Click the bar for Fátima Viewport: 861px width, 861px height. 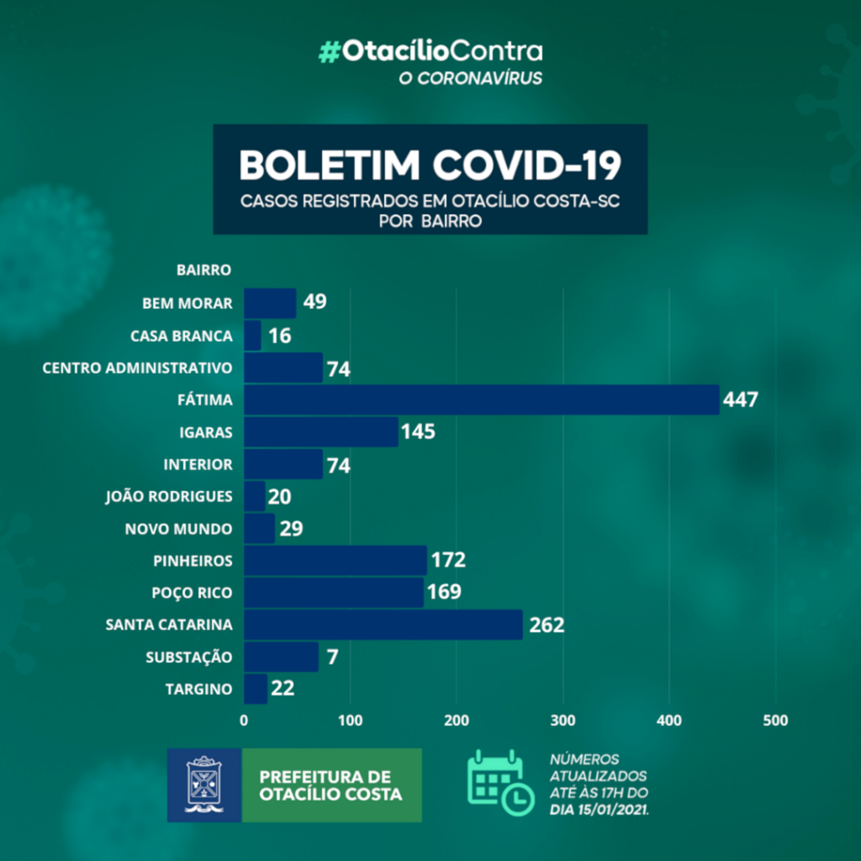[481, 399]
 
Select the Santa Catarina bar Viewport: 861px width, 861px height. [383, 625]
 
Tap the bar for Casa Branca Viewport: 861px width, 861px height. [252, 335]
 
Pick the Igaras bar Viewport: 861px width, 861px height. [320, 432]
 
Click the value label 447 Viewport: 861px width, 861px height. [740, 399]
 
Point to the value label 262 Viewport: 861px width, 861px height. [546, 625]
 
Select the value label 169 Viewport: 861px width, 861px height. [444, 592]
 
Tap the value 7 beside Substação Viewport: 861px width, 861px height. [333, 657]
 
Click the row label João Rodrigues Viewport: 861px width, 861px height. [168, 496]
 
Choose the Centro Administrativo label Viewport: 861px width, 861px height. [137, 367]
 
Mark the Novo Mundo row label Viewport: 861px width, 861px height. [178, 529]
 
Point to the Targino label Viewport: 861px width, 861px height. [198, 689]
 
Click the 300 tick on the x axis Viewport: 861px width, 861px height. [563, 721]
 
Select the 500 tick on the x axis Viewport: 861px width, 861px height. [775, 721]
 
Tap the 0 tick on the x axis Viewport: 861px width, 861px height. [244, 721]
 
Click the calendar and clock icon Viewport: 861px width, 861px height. [499, 782]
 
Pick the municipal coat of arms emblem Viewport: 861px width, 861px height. [204, 784]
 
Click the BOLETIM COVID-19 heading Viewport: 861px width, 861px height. [430, 165]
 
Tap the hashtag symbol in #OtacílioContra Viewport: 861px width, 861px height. [329, 52]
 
